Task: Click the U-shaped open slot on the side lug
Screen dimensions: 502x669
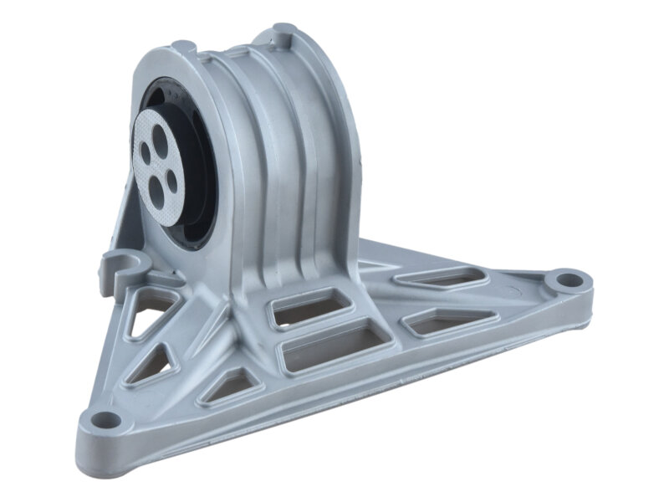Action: [x=126, y=266]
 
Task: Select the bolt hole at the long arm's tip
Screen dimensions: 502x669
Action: [x=568, y=278]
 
